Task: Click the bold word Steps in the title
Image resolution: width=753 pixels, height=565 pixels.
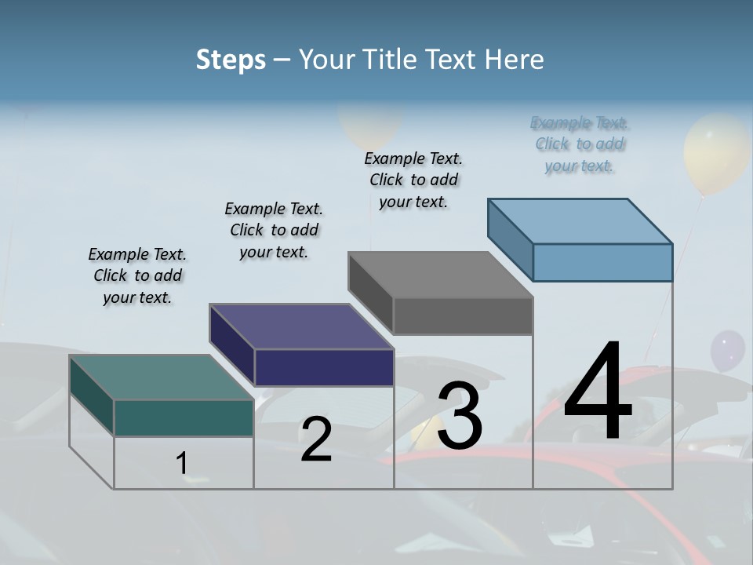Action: pos(231,60)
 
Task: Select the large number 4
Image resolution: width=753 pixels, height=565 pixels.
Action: pos(598,392)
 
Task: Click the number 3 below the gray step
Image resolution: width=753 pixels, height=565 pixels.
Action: pos(460,416)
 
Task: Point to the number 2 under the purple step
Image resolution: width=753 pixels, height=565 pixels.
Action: pos(316,439)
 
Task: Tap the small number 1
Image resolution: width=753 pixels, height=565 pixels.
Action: pos(182,463)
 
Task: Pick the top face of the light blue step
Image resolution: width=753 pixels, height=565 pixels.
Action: pos(580,221)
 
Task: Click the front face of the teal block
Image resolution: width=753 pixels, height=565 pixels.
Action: pos(184,417)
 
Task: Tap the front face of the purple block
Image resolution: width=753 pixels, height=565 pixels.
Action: pos(324,367)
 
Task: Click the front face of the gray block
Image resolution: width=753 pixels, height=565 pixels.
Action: pos(463,315)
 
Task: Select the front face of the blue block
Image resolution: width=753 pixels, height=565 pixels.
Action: pos(602,262)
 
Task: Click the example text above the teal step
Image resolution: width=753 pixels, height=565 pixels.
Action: pos(137,275)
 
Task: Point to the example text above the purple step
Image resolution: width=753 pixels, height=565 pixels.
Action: pos(274,230)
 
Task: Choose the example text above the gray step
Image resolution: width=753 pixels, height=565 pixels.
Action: pos(413,180)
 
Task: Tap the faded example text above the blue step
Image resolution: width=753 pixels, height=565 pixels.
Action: pos(580,144)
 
